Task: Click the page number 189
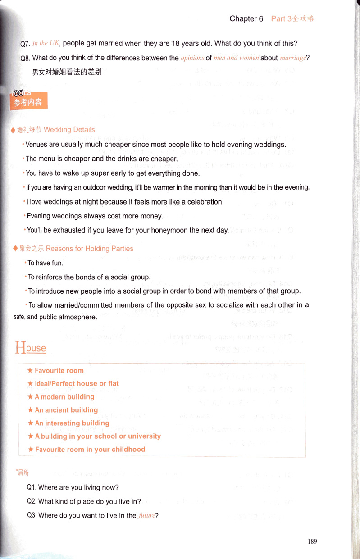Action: [312, 541]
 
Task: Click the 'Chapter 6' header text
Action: [246, 18]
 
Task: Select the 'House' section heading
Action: [31, 348]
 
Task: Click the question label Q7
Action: [25, 44]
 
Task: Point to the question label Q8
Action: [25, 58]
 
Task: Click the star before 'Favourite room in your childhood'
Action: [30, 450]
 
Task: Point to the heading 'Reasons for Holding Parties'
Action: [90, 249]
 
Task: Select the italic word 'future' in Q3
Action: [146, 516]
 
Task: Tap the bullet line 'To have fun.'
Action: [46, 263]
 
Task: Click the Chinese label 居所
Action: [23, 473]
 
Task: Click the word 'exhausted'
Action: [70, 230]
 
